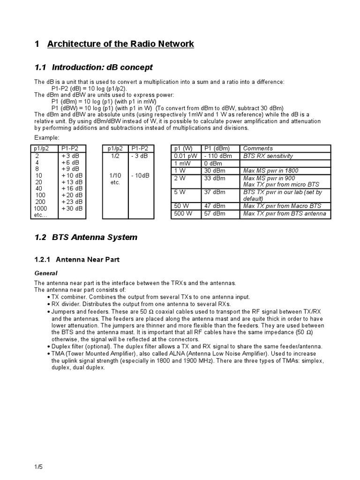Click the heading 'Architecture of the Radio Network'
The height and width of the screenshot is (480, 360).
pyautogui.click(x=120, y=44)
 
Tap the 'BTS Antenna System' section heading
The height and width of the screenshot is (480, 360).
pyautogui.click(x=95, y=237)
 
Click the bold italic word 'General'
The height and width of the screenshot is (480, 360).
pyautogui.click(x=46, y=273)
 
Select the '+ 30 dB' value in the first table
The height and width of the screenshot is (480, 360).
pyautogui.click(x=72, y=208)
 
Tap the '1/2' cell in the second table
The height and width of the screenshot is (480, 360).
pyautogui.click(x=115, y=156)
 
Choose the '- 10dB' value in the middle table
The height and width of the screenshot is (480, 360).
pyautogui.click(x=140, y=175)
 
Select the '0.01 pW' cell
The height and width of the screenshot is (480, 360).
pyautogui.click(x=184, y=156)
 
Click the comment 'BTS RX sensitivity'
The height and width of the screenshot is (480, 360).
pyautogui.click(x=268, y=156)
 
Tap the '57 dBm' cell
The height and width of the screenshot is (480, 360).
pyautogui.click(x=215, y=214)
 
